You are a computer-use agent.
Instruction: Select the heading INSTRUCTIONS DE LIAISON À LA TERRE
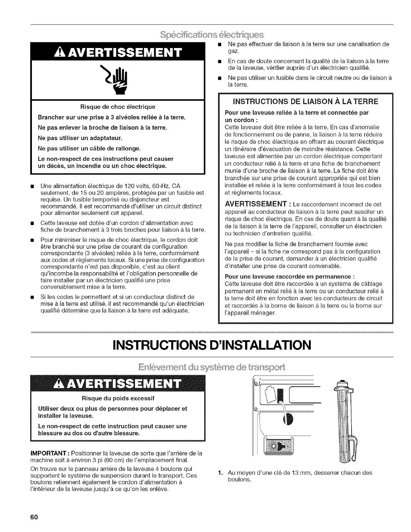pyautogui.click(x=305, y=101)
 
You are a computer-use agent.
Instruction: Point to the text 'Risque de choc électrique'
pyautogui.click(x=118, y=107)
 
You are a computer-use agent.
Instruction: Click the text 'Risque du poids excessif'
pyautogui.click(x=118, y=399)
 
